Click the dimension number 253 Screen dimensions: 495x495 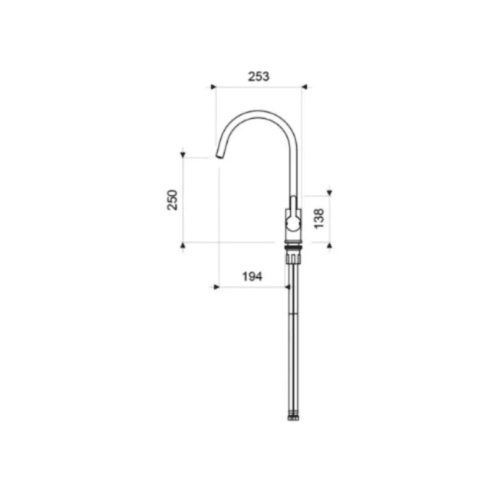(x=259, y=77)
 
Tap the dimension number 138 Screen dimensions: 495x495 (x=319, y=218)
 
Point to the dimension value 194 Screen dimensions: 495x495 (x=251, y=277)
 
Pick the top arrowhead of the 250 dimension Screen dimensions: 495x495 (x=183, y=154)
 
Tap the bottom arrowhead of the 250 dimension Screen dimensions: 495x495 (x=183, y=246)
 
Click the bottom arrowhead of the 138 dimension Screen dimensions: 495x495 (x=329, y=246)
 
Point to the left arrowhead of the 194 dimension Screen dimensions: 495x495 (x=216, y=286)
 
